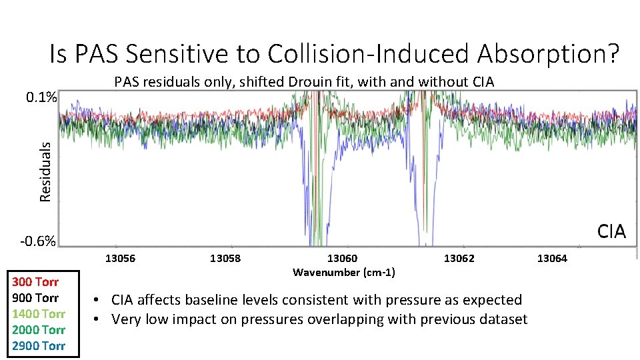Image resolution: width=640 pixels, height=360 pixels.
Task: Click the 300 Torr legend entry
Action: coord(35,282)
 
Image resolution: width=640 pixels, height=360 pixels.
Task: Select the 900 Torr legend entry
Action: coord(35,298)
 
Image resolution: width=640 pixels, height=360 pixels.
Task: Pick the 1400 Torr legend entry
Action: coord(38,314)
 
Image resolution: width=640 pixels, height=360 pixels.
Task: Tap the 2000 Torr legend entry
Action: coord(38,330)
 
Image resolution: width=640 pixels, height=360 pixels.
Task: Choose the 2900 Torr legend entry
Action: coord(38,346)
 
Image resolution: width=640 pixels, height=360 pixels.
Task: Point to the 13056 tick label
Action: coord(120,259)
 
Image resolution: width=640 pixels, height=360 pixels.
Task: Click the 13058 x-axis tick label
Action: coord(225,259)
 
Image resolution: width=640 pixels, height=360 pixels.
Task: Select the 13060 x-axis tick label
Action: coord(342,259)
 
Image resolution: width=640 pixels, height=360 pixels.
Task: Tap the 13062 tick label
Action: coord(459,259)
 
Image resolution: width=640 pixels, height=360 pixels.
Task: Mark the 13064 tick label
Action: coord(552,259)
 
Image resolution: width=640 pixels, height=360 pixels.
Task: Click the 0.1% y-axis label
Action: coord(41,98)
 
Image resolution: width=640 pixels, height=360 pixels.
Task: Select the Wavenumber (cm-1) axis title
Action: coord(343,273)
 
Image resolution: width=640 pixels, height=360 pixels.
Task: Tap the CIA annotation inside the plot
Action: coord(611,231)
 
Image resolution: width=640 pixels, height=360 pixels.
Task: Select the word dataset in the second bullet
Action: coord(503,320)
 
